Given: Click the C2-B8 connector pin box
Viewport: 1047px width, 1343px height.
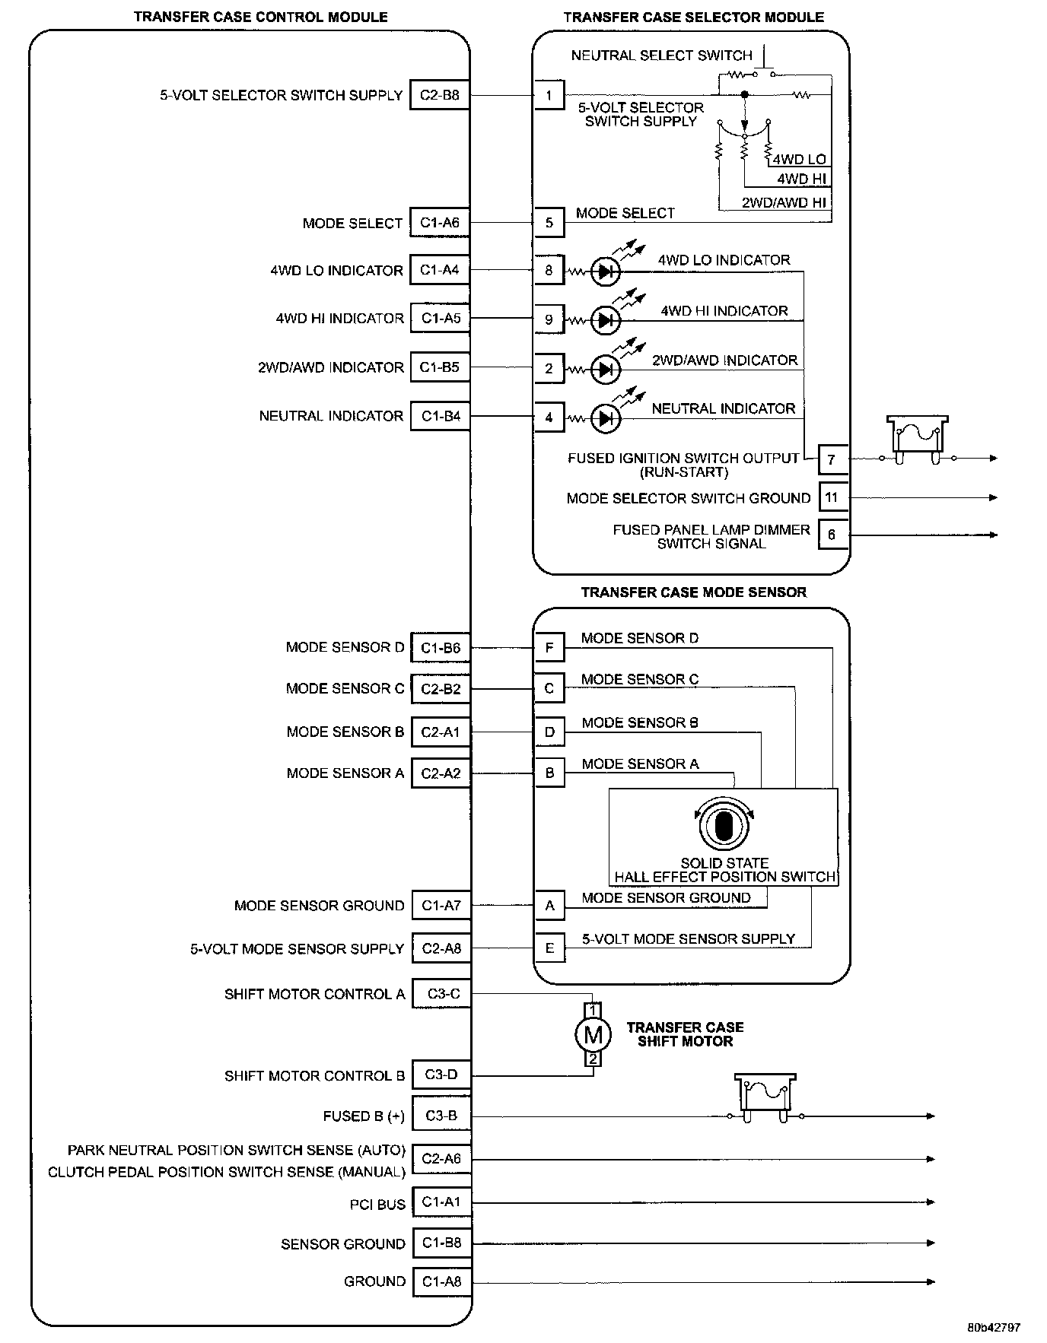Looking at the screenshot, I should point(439,95).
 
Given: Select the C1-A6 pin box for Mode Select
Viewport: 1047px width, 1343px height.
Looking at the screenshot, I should point(439,223).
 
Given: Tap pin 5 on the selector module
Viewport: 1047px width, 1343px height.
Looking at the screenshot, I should point(549,223).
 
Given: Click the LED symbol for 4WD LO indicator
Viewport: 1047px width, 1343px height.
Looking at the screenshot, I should point(606,271).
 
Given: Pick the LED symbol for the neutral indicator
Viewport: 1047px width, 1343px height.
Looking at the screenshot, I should point(606,418).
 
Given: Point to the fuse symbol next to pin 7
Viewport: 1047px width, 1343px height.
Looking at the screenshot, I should point(918,442).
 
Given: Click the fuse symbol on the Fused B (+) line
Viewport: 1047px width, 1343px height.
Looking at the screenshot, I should point(765,1100).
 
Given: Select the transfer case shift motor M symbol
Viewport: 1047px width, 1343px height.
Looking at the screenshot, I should point(593,1034).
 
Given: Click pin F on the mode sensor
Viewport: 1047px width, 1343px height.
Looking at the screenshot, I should point(549,648).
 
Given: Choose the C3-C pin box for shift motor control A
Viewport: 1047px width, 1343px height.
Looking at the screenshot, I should point(441,993).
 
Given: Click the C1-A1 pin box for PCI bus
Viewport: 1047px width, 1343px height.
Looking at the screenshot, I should point(441,1202).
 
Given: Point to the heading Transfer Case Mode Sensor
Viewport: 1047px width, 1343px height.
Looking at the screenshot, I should point(693,592).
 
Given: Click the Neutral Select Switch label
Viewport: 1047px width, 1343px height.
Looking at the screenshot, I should point(661,56).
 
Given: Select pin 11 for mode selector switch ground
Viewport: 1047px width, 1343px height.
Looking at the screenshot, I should point(832,497).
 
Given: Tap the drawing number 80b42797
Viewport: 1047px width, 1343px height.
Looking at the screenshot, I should point(994,1328).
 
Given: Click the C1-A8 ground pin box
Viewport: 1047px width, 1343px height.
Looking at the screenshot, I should point(441,1281).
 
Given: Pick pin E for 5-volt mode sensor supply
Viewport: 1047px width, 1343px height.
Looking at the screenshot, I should point(549,948).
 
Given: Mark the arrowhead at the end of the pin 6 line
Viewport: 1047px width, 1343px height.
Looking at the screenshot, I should point(992,535).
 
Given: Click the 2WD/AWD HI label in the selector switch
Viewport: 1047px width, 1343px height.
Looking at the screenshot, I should point(784,203).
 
